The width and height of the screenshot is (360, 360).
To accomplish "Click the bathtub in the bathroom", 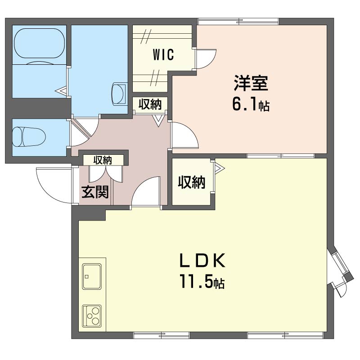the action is pyautogui.click(x=39, y=43).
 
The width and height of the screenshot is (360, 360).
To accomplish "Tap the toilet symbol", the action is pyautogui.click(x=29, y=137).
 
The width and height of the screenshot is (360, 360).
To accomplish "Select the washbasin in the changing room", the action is pyautogui.click(x=119, y=94).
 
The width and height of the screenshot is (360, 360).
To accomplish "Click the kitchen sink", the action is pyautogui.click(x=92, y=276).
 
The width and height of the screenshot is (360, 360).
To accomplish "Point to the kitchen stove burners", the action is pyautogui.click(x=92, y=316).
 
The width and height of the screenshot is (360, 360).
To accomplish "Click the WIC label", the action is pyautogui.click(x=163, y=54).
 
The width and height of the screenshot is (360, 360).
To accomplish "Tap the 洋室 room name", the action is pyautogui.click(x=251, y=83).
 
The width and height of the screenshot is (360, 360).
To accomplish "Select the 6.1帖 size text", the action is pyautogui.click(x=251, y=105).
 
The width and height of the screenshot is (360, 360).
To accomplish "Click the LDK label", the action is pyautogui.click(x=202, y=261).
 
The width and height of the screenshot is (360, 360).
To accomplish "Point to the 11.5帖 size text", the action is pyautogui.click(x=202, y=282).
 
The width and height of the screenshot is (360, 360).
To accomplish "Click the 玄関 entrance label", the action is pyautogui.click(x=95, y=192).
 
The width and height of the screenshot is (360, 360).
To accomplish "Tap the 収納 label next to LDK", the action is pyautogui.click(x=192, y=183).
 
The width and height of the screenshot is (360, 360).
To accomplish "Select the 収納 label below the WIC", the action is pyautogui.click(x=150, y=104).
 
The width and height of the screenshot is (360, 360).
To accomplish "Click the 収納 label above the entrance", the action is pyautogui.click(x=103, y=160).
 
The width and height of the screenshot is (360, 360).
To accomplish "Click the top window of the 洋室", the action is pyautogui.click(x=238, y=22).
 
